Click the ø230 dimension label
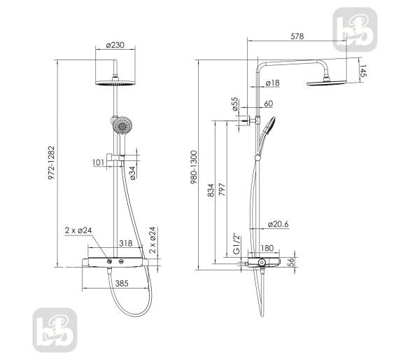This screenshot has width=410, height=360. coord(115,46)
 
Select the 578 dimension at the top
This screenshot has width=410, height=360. coord(297,36)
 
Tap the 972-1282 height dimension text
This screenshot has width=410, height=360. coord(52,162)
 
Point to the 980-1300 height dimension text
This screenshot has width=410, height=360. coord(194,167)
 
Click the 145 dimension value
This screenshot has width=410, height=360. coord(363,71)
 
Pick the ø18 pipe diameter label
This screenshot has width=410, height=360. coord(272,83)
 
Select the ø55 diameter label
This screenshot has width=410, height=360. coord(235,104)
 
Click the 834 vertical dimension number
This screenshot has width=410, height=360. coord(211,190)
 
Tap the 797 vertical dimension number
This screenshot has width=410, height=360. coord(222,189)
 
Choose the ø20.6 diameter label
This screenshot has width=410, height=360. coord(278,224)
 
